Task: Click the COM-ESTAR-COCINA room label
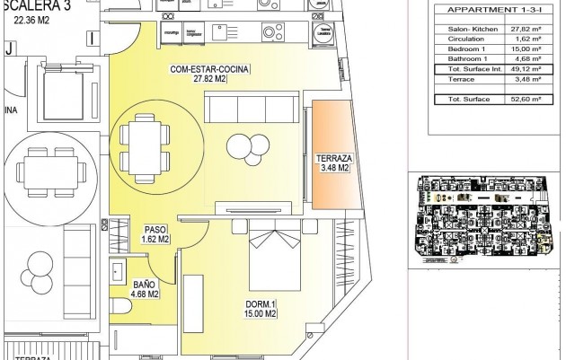pos(209,69)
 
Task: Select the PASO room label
pos(156,230)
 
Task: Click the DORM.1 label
pos(260,303)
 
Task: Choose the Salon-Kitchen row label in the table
pos(466,29)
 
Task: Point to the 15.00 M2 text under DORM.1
pos(260,313)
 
